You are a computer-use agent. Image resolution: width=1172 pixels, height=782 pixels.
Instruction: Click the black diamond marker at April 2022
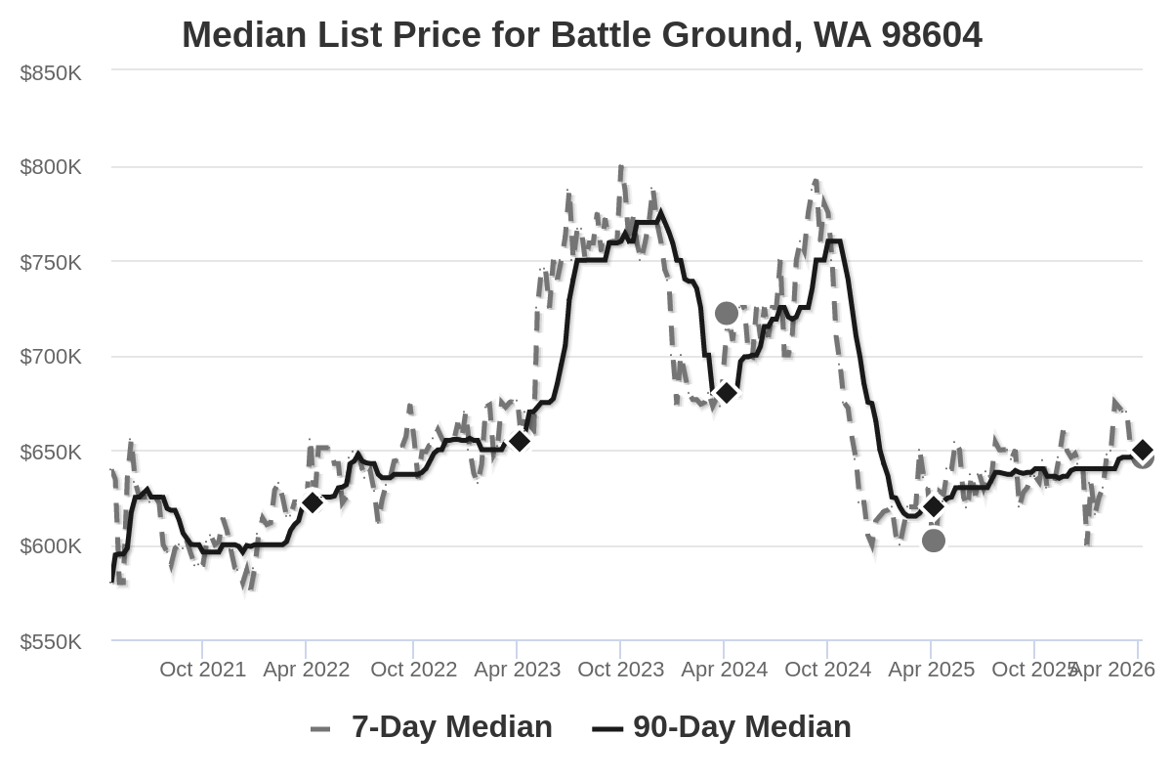[x=313, y=502]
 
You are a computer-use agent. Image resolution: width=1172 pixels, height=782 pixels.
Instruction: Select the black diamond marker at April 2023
[x=520, y=441]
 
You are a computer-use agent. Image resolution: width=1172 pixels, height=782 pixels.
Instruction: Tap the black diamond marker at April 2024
[x=726, y=393]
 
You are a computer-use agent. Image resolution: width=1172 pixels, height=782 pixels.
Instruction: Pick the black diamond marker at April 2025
[x=934, y=506]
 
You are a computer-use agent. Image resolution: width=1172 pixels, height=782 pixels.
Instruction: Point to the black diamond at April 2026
[x=1143, y=450]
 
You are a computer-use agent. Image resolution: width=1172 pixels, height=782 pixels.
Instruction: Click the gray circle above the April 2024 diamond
[x=726, y=314]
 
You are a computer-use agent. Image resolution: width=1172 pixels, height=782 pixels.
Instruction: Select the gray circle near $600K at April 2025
[x=934, y=541]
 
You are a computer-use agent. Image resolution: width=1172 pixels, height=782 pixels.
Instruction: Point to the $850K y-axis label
[x=51, y=73]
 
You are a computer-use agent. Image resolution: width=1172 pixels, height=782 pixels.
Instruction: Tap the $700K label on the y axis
[x=51, y=357]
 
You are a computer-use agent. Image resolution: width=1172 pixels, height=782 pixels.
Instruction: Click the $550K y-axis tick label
[x=51, y=642]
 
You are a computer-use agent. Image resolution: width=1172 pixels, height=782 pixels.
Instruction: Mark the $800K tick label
[x=51, y=167]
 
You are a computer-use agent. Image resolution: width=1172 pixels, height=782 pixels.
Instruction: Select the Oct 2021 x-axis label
[x=203, y=670]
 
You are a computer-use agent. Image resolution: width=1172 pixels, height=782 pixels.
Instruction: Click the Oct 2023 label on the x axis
[x=620, y=670]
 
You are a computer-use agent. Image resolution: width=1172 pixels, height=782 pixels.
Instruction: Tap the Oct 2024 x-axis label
[x=827, y=670]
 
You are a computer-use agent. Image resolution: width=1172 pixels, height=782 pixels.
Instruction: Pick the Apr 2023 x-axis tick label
[x=517, y=670]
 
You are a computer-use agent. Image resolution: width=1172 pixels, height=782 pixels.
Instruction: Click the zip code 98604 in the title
[x=931, y=35]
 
